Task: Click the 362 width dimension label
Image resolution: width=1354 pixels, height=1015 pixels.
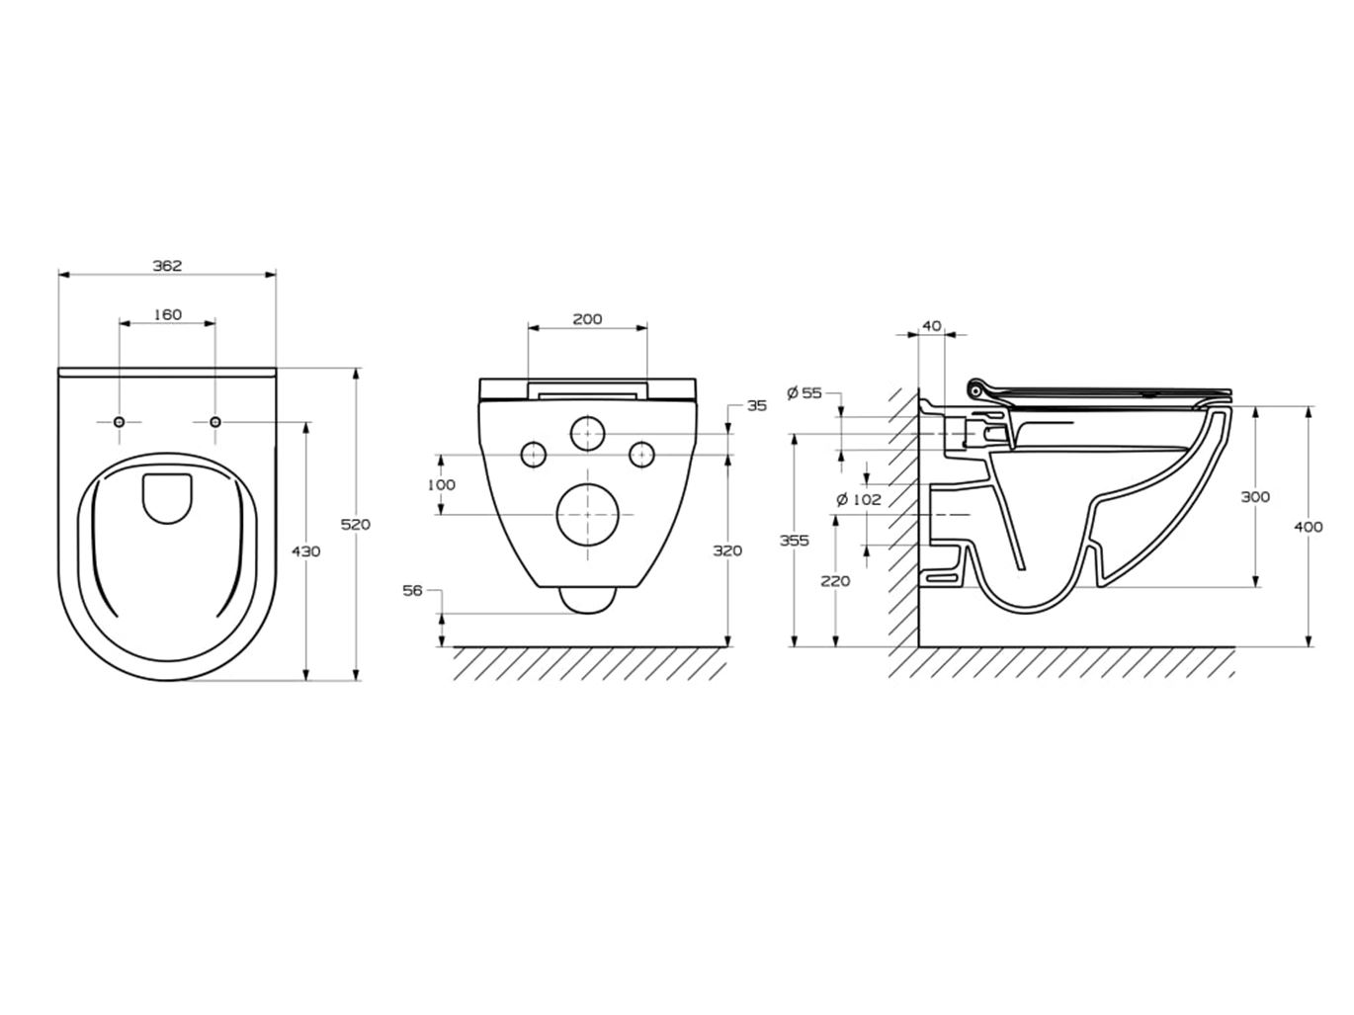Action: click(x=167, y=266)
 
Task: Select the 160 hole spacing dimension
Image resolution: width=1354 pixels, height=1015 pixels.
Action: click(x=167, y=314)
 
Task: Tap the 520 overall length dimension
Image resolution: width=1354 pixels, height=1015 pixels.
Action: click(x=355, y=524)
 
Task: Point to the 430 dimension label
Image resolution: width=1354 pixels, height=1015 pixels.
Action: click(x=306, y=551)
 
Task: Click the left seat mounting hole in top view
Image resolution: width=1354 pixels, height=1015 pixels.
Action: click(x=120, y=422)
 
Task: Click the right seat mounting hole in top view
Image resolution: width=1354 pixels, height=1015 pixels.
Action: click(x=215, y=422)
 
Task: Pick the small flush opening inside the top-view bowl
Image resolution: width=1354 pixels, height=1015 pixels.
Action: click(x=167, y=498)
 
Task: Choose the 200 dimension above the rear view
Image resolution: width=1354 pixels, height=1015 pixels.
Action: click(x=587, y=318)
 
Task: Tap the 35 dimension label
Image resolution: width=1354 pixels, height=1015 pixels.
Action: click(x=757, y=405)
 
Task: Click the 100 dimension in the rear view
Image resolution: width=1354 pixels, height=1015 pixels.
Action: click(x=441, y=484)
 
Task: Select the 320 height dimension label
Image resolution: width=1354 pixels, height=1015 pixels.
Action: click(x=727, y=550)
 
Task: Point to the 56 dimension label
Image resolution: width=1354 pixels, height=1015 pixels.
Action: click(x=412, y=590)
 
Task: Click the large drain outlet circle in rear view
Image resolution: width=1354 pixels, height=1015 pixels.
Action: click(x=587, y=515)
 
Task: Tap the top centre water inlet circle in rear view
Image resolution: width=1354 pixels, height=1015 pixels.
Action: click(x=587, y=433)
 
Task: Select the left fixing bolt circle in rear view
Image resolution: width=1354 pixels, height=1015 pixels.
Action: click(x=534, y=454)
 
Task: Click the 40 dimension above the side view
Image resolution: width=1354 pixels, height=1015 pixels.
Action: click(x=931, y=325)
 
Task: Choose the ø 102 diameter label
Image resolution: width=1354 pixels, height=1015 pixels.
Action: click(x=858, y=500)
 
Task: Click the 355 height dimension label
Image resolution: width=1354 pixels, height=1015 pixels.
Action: click(x=794, y=541)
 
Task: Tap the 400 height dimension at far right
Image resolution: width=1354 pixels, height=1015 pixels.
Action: click(x=1308, y=527)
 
